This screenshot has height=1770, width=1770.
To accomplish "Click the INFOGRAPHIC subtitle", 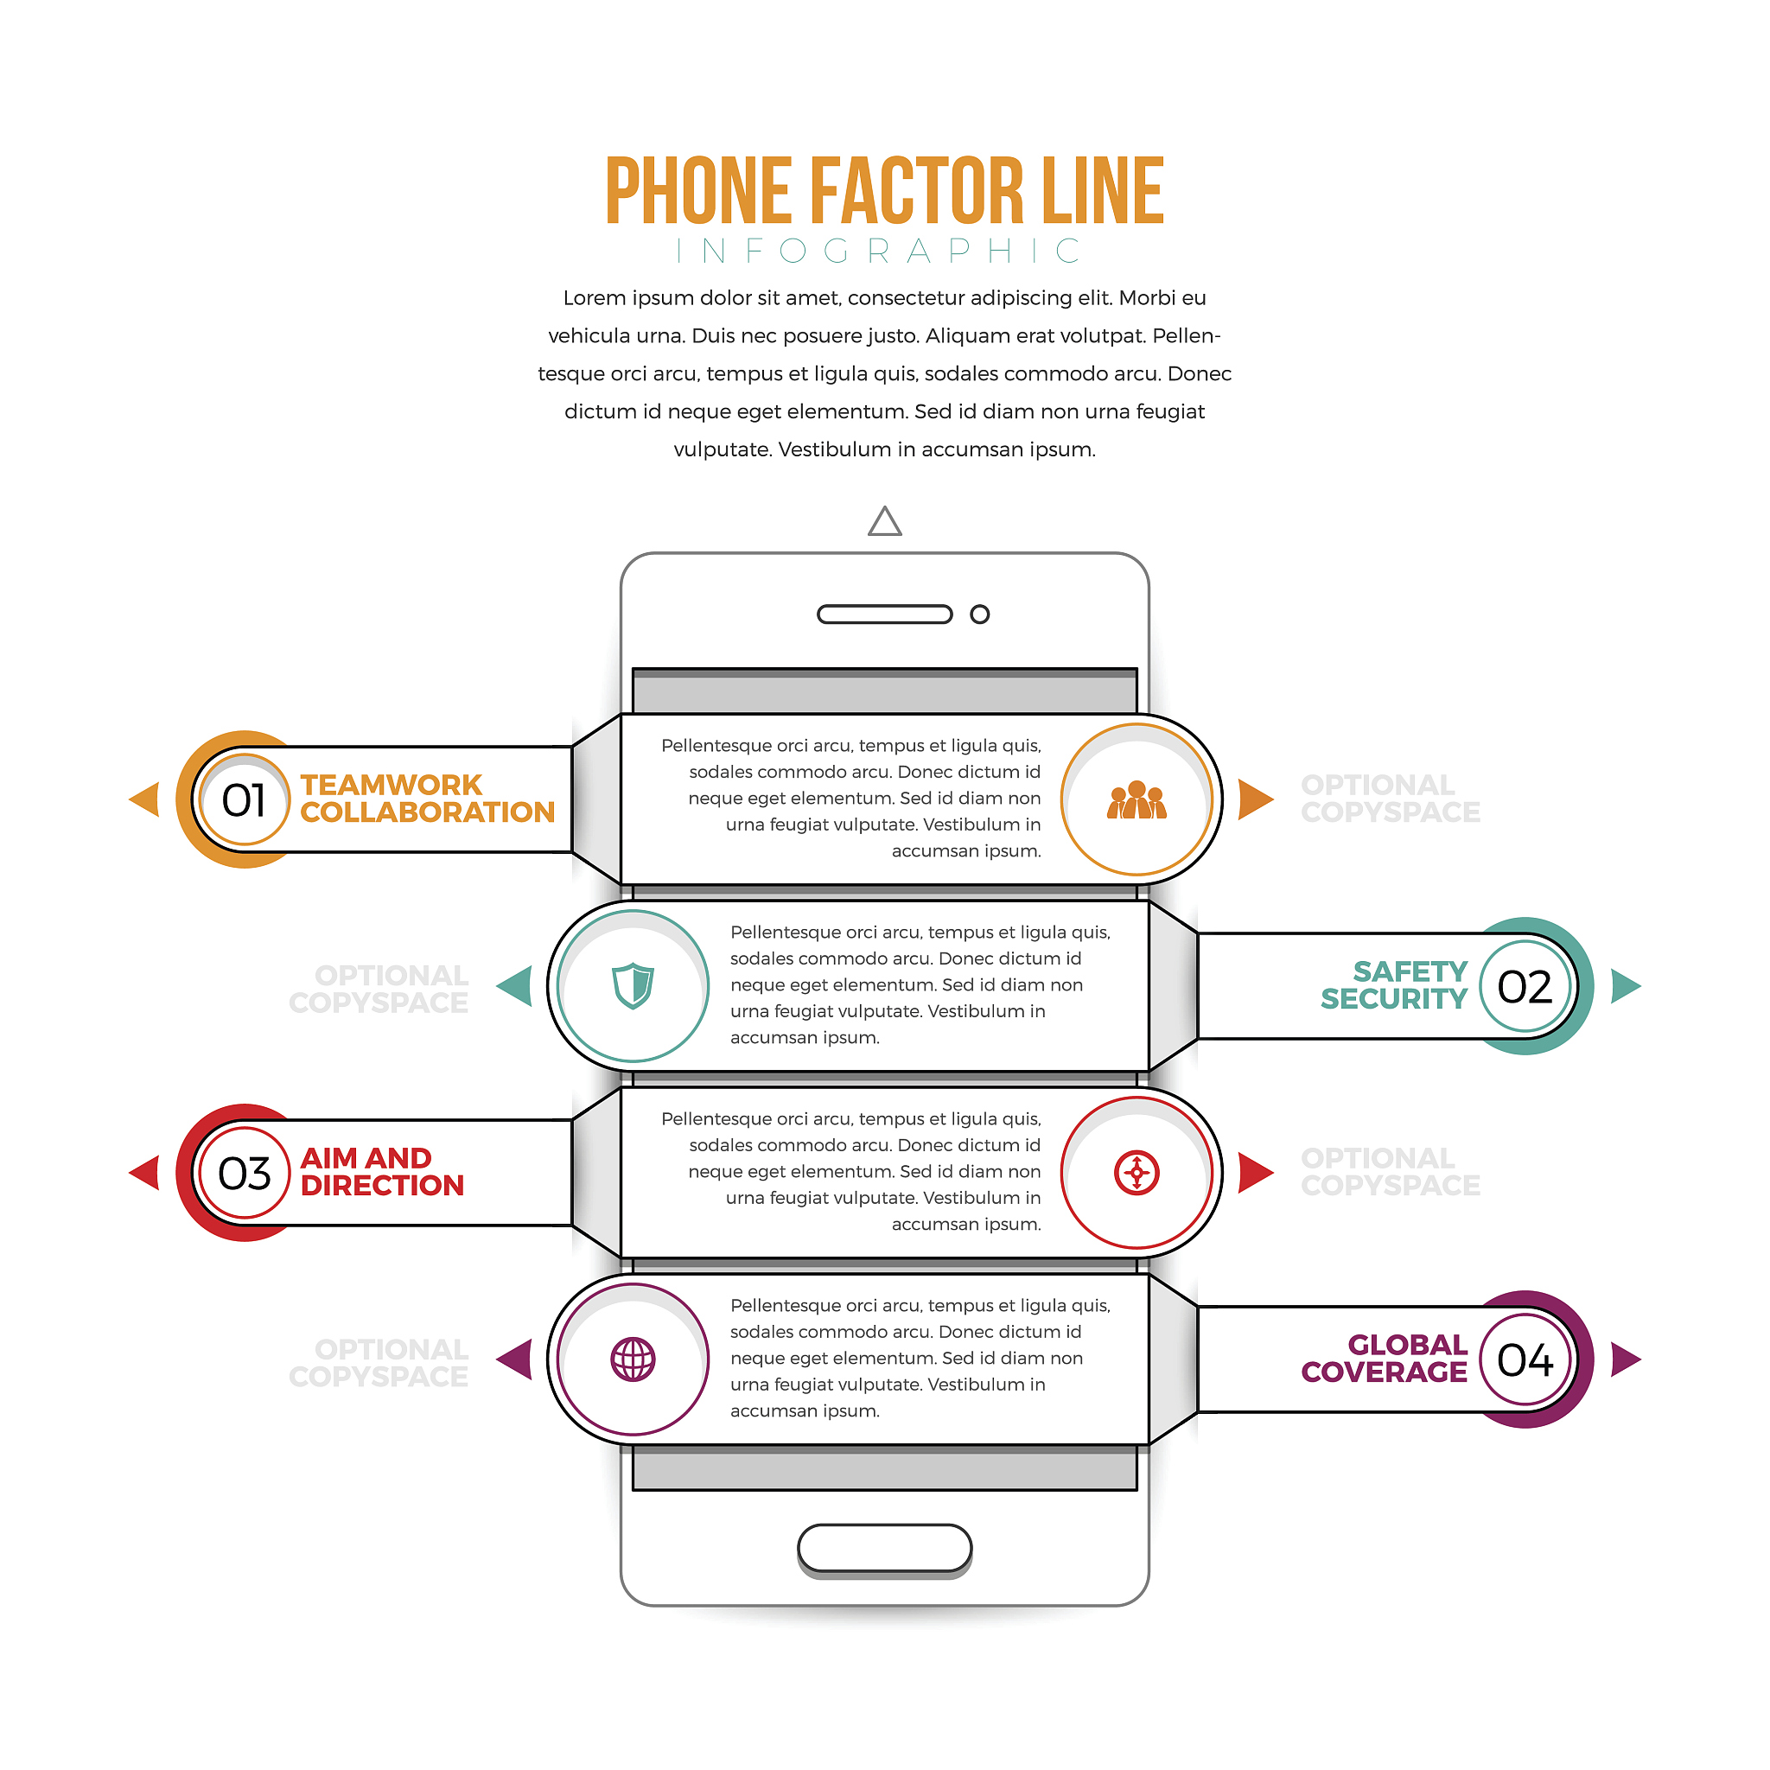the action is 880,251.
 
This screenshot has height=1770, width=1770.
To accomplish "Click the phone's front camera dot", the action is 979,614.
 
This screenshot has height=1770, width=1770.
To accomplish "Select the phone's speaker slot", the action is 885,614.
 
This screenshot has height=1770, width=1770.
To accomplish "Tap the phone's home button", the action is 885,1548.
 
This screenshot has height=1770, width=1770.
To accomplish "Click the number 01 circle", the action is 244,799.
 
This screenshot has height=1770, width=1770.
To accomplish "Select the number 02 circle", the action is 1525,987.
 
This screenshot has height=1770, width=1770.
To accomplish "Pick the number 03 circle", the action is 244,1174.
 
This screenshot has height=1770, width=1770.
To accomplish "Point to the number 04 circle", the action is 1525,1360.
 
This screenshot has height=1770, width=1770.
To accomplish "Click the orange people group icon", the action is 1137,799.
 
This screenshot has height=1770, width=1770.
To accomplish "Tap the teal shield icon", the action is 633,986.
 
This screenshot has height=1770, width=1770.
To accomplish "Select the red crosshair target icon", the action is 1137,1173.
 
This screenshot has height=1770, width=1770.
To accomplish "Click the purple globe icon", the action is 633,1359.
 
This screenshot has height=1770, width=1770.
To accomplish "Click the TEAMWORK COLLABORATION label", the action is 428,799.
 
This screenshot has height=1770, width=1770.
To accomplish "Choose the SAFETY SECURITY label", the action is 1394,986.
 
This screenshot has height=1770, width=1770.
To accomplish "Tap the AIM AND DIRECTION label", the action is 383,1173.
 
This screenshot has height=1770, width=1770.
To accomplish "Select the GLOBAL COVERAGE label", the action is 1385,1359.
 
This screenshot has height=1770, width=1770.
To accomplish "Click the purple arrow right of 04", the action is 1623,1359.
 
